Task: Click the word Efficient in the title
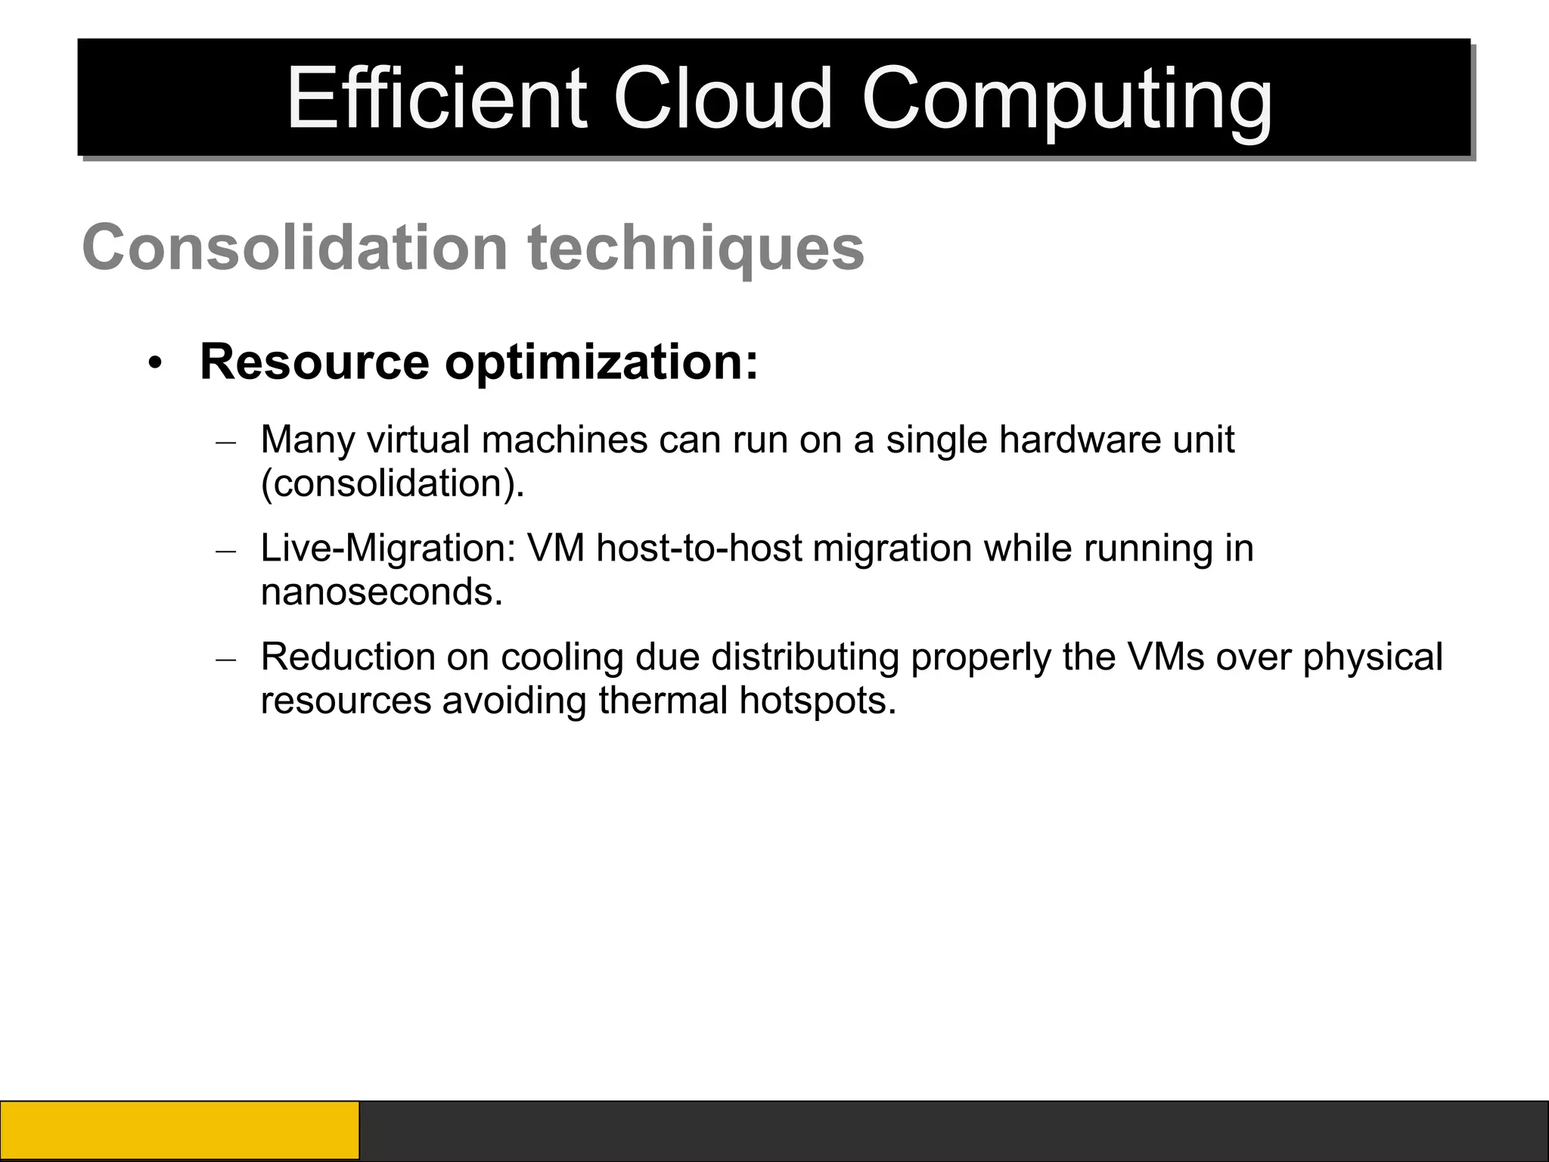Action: pyautogui.click(x=436, y=99)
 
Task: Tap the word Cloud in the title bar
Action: pyautogui.click(x=722, y=99)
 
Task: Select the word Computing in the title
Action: pyautogui.click(x=1066, y=101)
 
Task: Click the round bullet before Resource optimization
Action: pyautogui.click(x=155, y=363)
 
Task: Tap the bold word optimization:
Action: pyautogui.click(x=601, y=363)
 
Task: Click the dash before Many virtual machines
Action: pyautogui.click(x=226, y=443)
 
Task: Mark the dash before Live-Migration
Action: pyautogui.click(x=226, y=551)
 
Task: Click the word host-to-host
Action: pyautogui.click(x=699, y=548)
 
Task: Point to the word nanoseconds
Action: pyautogui.click(x=380, y=592)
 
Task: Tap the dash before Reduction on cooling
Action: pyautogui.click(x=226, y=659)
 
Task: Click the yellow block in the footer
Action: pyautogui.click(x=179, y=1130)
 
